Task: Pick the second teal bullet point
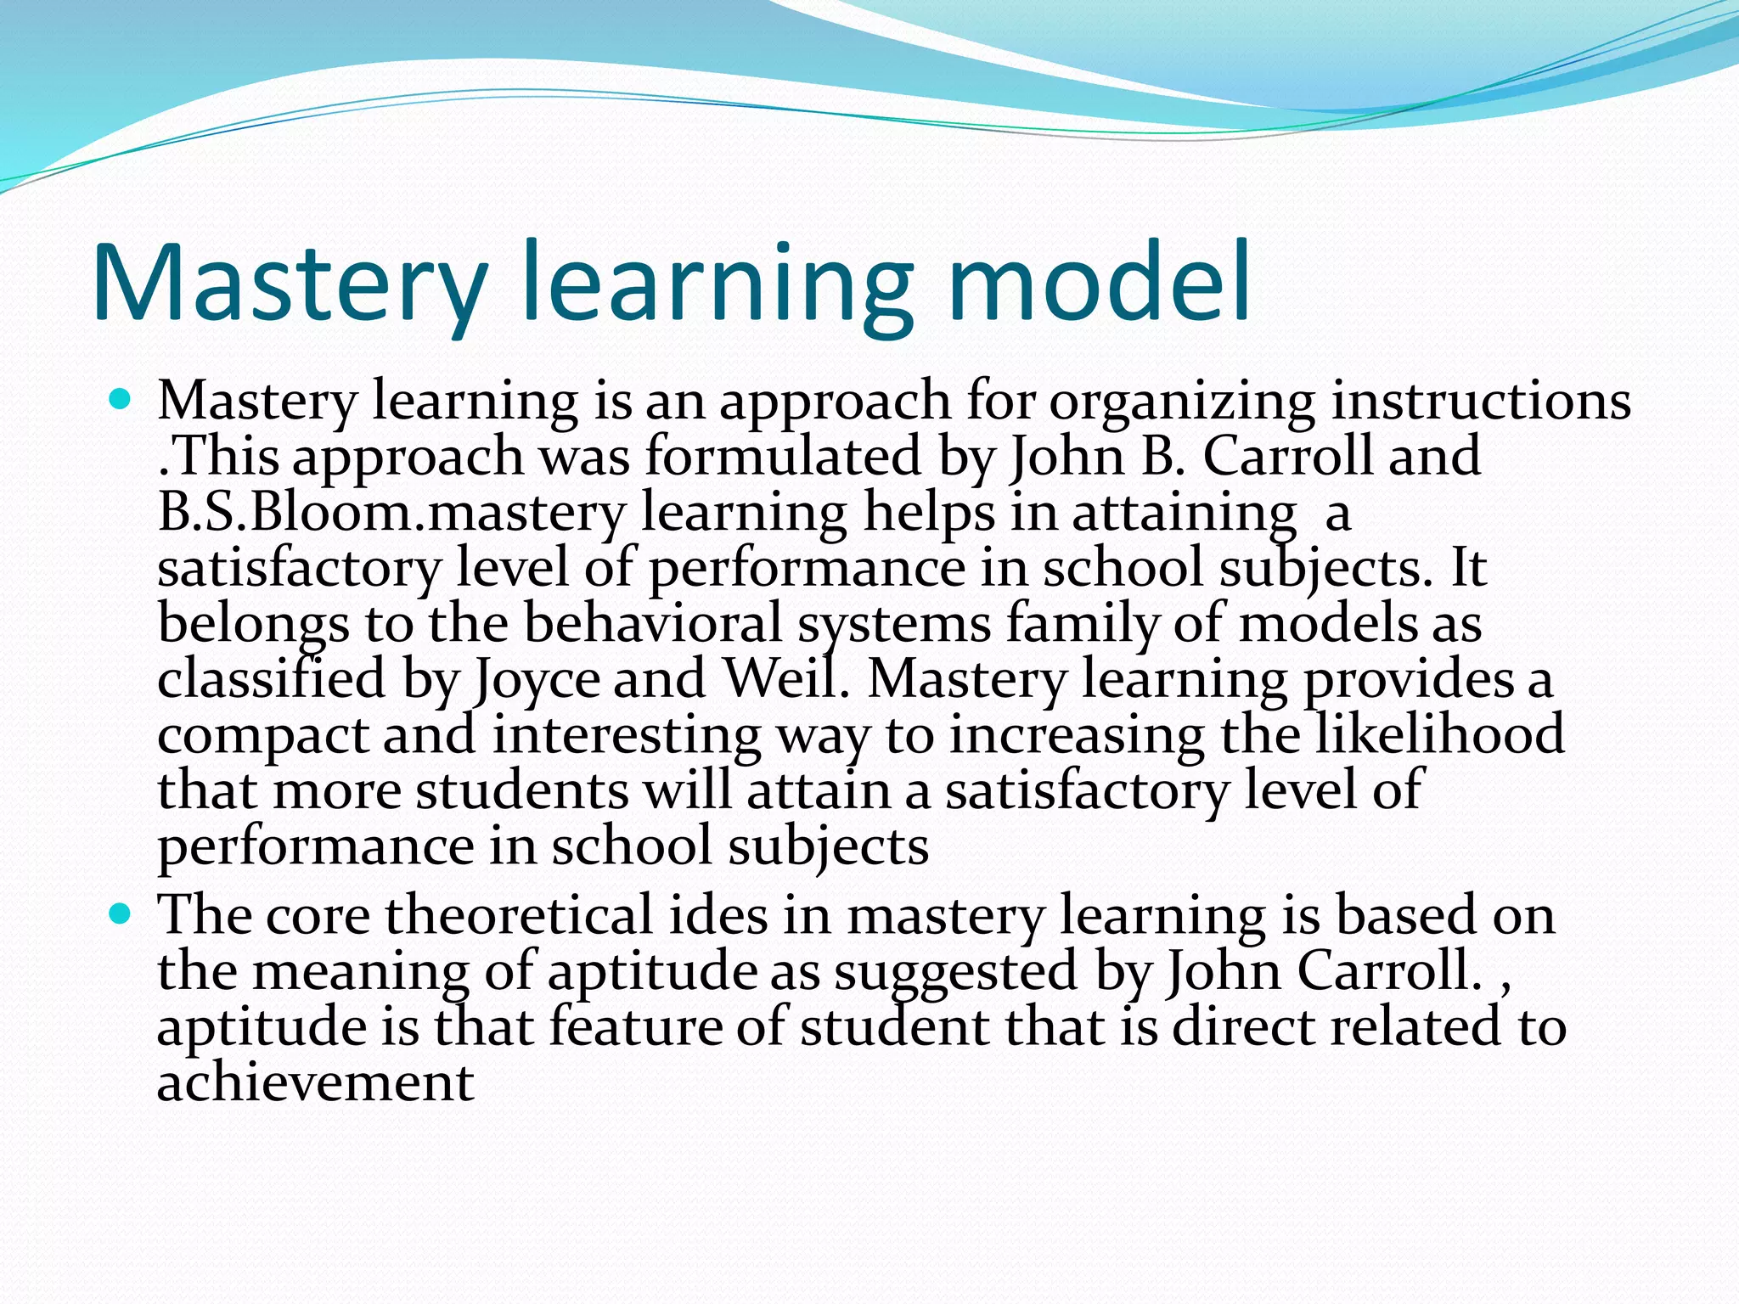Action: coord(121,913)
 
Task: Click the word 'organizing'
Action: coord(1181,402)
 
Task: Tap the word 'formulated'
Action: coord(783,456)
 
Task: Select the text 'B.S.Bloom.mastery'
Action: coord(391,514)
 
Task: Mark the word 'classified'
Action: coord(272,679)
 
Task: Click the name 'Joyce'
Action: coord(537,681)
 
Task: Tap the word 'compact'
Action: coord(262,736)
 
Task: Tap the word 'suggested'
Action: coord(955,972)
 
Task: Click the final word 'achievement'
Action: coord(315,1082)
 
